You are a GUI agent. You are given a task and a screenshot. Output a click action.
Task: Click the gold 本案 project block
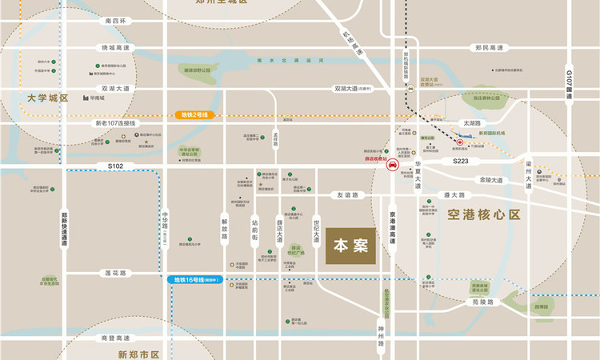(x=350, y=246)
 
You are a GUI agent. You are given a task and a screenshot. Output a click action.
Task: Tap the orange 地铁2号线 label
(x=192, y=115)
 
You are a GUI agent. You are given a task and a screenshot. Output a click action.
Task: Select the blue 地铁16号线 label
(x=198, y=280)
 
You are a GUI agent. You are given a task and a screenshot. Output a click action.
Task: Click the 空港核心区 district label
(x=484, y=214)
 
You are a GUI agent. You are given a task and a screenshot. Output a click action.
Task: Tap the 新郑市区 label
(x=139, y=354)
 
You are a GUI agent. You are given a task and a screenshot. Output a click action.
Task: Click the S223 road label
(x=461, y=161)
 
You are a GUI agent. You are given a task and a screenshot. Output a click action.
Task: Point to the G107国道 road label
(x=570, y=84)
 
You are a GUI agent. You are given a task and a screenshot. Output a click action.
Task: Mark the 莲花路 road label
(x=116, y=273)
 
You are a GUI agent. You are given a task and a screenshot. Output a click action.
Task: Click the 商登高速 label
(x=115, y=338)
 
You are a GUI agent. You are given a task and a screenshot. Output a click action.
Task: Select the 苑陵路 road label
(x=484, y=302)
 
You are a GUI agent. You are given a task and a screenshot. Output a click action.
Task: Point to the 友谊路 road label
(x=348, y=194)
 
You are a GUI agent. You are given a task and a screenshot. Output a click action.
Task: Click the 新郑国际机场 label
(x=509, y=133)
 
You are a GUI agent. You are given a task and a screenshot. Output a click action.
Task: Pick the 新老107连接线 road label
(x=115, y=124)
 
